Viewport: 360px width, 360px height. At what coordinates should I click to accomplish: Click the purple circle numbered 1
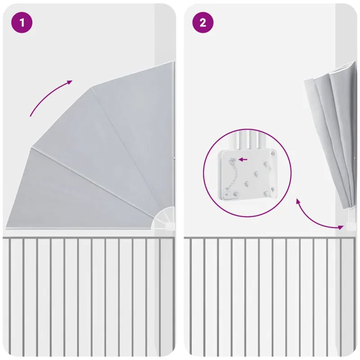22,22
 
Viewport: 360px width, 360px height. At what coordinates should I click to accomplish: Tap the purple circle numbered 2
203,22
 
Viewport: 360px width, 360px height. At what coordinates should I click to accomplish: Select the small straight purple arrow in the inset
243,159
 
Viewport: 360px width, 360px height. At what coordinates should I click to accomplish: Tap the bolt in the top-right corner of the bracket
273,153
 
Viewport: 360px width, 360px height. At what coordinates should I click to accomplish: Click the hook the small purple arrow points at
233,159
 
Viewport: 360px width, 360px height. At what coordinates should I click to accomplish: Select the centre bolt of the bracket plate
256,173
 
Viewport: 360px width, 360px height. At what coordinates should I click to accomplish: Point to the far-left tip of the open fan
6,228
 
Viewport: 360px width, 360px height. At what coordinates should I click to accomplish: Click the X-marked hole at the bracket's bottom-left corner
226,194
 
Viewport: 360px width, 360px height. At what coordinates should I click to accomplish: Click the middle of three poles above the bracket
249,143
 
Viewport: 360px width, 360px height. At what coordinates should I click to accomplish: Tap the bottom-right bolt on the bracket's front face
265,193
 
